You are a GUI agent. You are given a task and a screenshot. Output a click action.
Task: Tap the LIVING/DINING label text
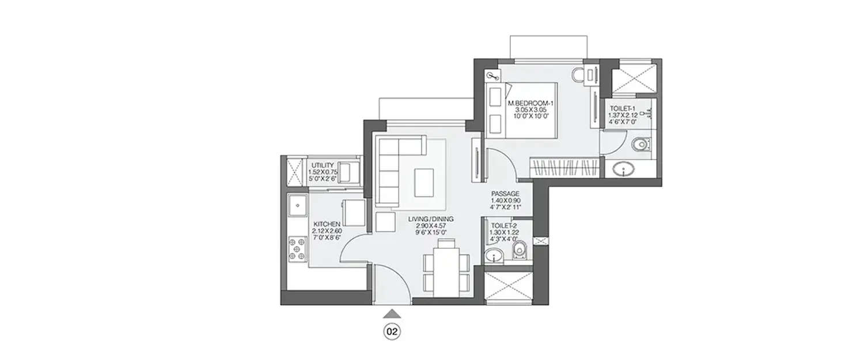coord(431,219)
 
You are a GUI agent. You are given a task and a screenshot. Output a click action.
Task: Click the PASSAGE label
coord(505,194)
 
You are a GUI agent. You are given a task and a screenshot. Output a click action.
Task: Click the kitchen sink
coord(298,204)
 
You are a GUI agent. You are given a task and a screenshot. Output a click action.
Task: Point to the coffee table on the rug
coord(426,182)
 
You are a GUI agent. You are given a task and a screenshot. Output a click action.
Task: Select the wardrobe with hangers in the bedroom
coord(565,168)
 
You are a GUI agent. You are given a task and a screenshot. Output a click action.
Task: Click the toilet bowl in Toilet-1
coord(639,144)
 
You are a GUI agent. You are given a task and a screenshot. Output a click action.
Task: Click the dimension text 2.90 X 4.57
coord(431,226)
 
